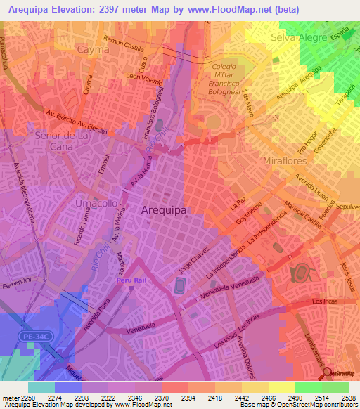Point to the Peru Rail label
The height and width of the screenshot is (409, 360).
pos(132,280)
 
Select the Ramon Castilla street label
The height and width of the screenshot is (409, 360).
pos(123,45)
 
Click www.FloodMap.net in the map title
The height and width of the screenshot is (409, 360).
pos(229,10)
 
